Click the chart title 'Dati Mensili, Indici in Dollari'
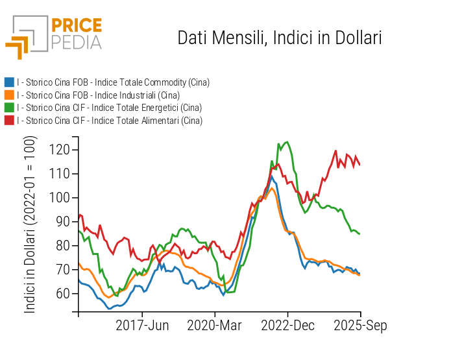point(279,38)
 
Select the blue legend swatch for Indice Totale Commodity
point(9,82)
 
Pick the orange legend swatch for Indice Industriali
point(9,95)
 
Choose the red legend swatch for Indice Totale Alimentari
point(9,121)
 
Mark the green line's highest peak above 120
point(287,142)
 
